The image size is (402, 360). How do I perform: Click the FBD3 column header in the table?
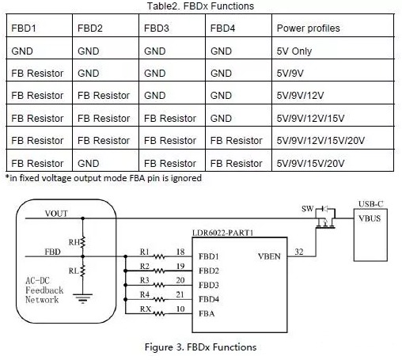tap(157, 28)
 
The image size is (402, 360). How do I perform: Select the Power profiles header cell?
tap(308, 28)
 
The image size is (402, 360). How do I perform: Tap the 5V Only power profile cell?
tap(294, 51)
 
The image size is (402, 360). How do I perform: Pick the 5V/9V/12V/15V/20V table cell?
tap(320, 140)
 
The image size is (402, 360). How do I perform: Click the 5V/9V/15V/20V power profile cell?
tap(310, 163)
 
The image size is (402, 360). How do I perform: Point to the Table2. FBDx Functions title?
tap(200, 6)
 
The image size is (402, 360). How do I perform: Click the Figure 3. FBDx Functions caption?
tap(200, 347)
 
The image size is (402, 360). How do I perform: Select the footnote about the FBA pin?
tap(104, 178)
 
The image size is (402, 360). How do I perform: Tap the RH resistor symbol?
tap(83, 242)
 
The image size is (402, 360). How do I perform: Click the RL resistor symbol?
tap(83, 271)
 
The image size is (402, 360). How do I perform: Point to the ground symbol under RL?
tap(83, 298)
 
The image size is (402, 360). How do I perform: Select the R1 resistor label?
tap(145, 252)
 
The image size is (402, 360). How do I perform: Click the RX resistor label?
tap(146, 309)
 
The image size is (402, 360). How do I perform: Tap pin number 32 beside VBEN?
tap(299, 252)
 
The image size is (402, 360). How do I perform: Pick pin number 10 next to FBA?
tap(180, 309)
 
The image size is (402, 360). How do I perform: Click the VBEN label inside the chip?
tap(269, 256)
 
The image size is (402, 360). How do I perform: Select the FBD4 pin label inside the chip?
tap(209, 299)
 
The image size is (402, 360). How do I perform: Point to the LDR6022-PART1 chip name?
tap(223, 233)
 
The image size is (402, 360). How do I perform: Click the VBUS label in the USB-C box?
tap(370, 218)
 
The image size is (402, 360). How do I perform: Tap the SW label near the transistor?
tap(307, 209)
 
